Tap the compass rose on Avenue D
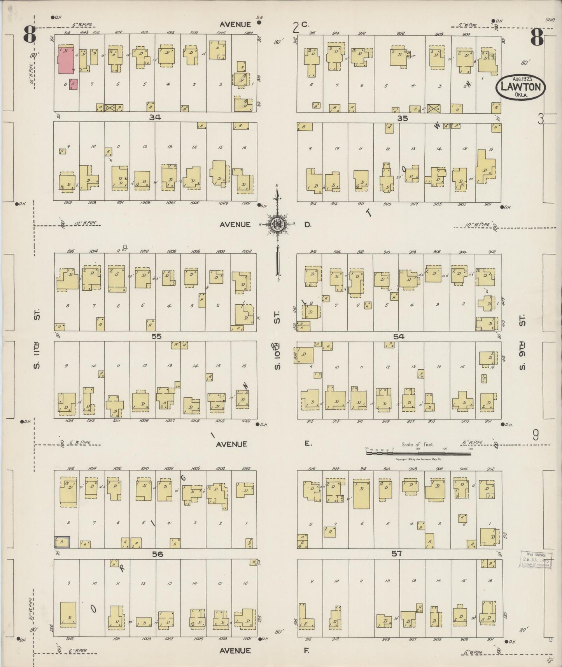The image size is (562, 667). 277,225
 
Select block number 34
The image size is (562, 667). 155,117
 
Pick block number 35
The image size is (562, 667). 403,118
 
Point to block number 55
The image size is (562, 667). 156,337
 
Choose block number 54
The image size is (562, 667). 399,337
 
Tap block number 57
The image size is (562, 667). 396,553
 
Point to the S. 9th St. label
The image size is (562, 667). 522,337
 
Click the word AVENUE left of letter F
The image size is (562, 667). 235,651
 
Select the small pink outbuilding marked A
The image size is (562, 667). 73,84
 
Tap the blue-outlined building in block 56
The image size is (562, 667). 62,542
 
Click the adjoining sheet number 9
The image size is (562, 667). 536,435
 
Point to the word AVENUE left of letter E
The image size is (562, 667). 233,444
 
